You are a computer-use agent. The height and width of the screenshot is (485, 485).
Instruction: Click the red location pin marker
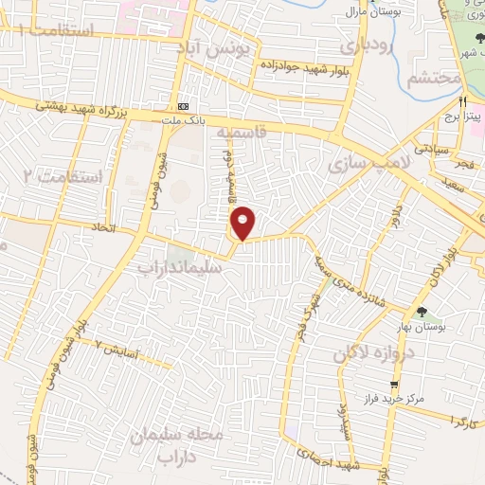click(243, 223)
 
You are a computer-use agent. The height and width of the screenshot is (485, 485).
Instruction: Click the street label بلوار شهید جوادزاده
click(296, 65)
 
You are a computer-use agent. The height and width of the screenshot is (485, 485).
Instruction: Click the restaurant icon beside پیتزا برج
click(462, 101)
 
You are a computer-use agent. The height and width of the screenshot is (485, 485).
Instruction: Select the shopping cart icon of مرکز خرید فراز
click(382, 387)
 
